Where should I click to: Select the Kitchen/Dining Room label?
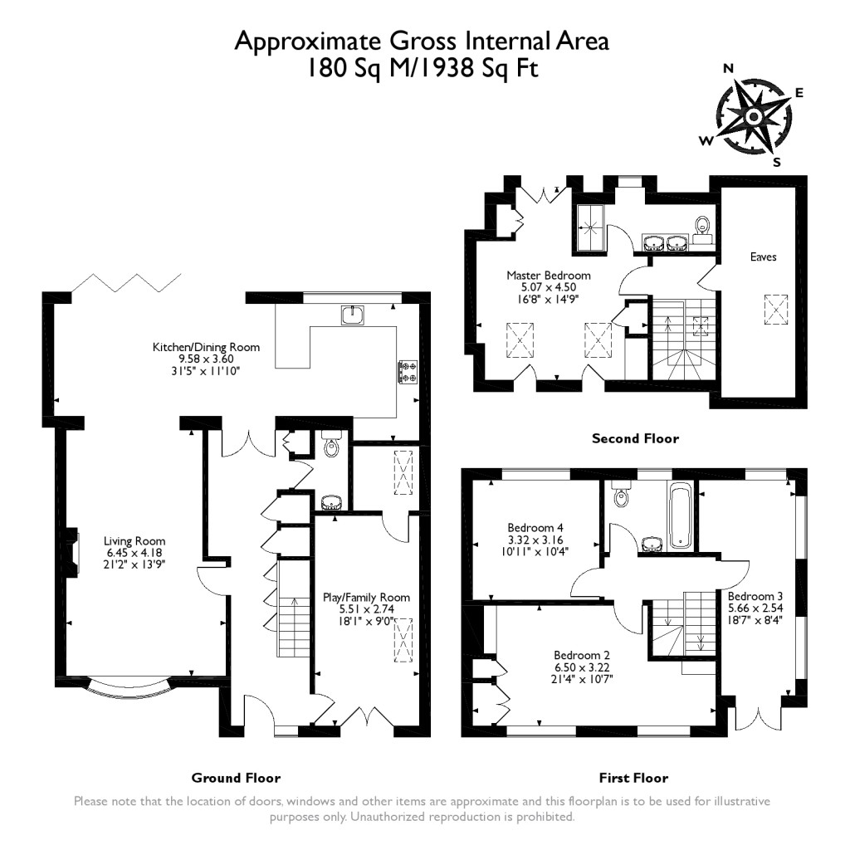point(206,347)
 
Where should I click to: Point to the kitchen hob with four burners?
point(408,371)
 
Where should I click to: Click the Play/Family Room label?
point(366,597)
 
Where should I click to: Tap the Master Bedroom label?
point(549,276)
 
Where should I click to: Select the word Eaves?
point(763,257)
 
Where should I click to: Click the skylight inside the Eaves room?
point(775,312)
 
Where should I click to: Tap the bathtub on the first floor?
point(679,516)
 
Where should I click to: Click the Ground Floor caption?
point(236,778)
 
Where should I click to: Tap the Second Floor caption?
point(634,438)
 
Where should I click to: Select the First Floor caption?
point(633,778)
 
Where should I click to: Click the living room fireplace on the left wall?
point(75,552)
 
